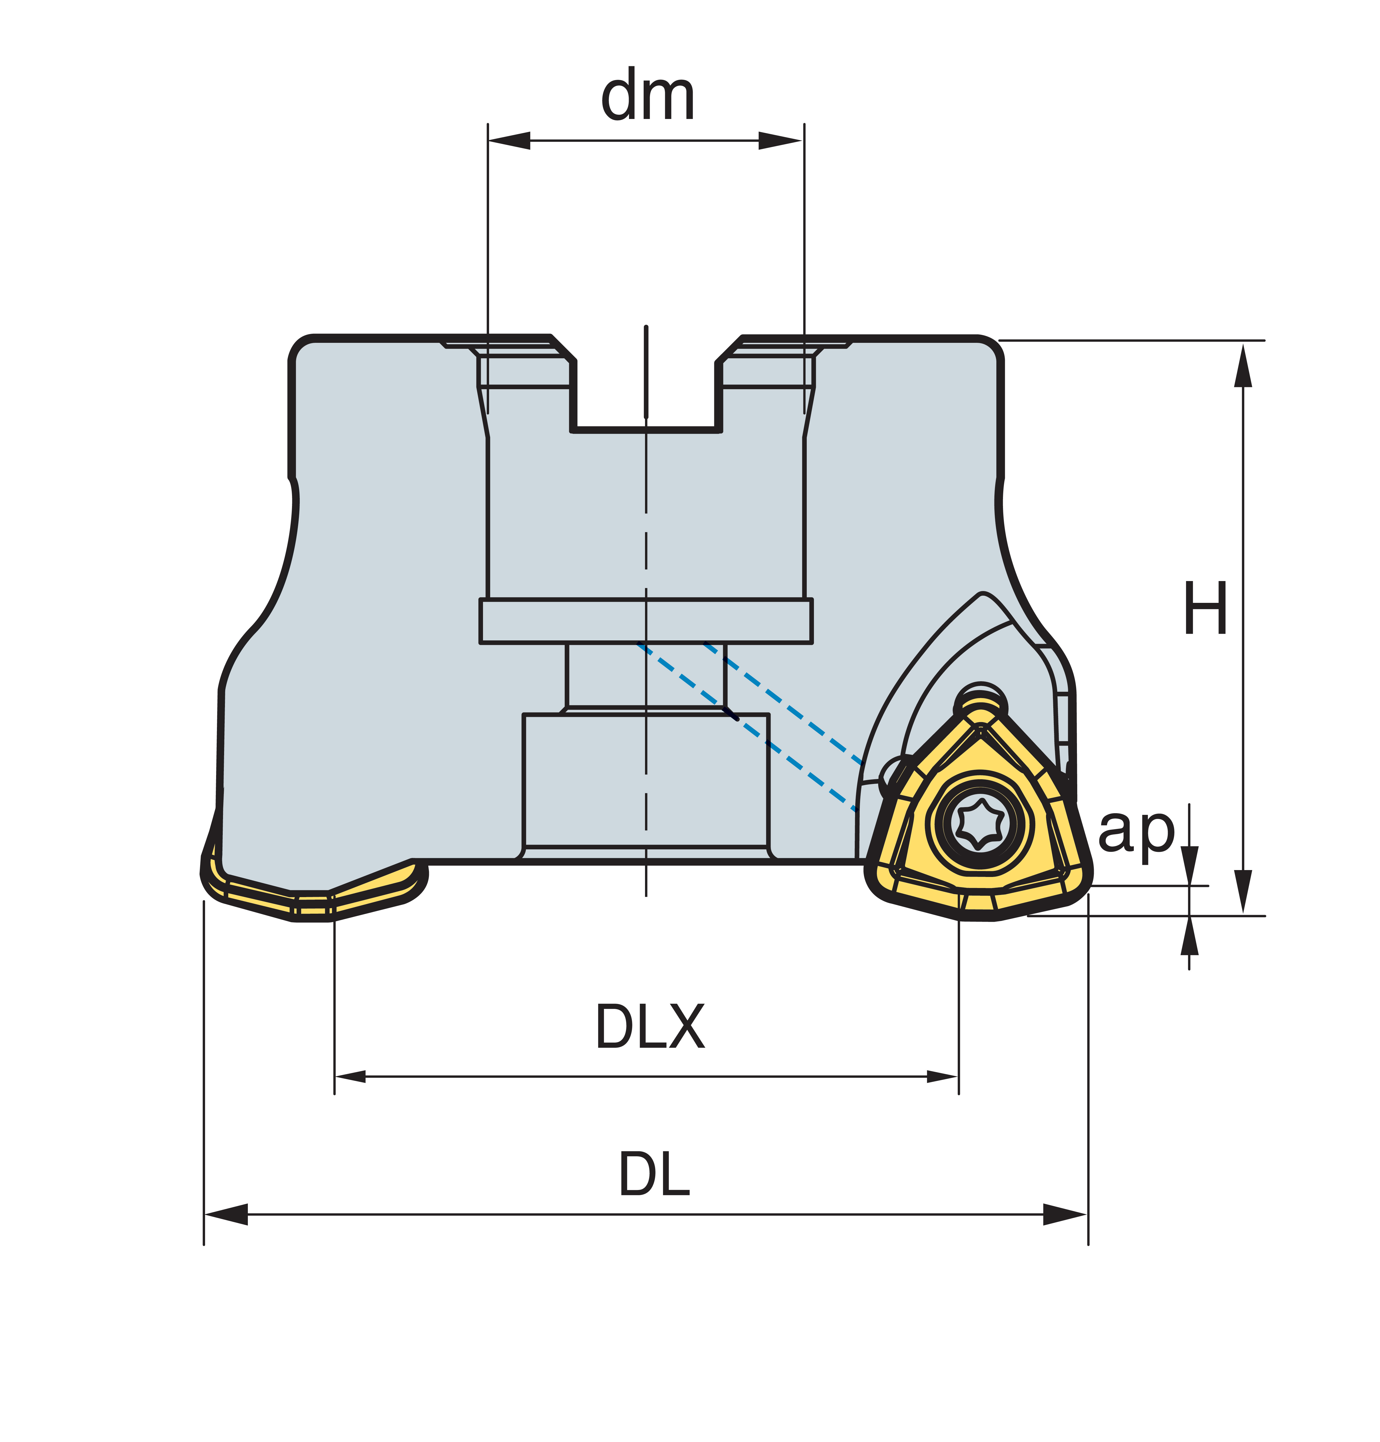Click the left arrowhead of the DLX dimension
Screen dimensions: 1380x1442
(350, 1076)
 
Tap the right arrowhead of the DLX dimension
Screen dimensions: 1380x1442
(942, 1076)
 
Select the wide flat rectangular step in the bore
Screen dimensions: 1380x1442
(646, 621)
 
